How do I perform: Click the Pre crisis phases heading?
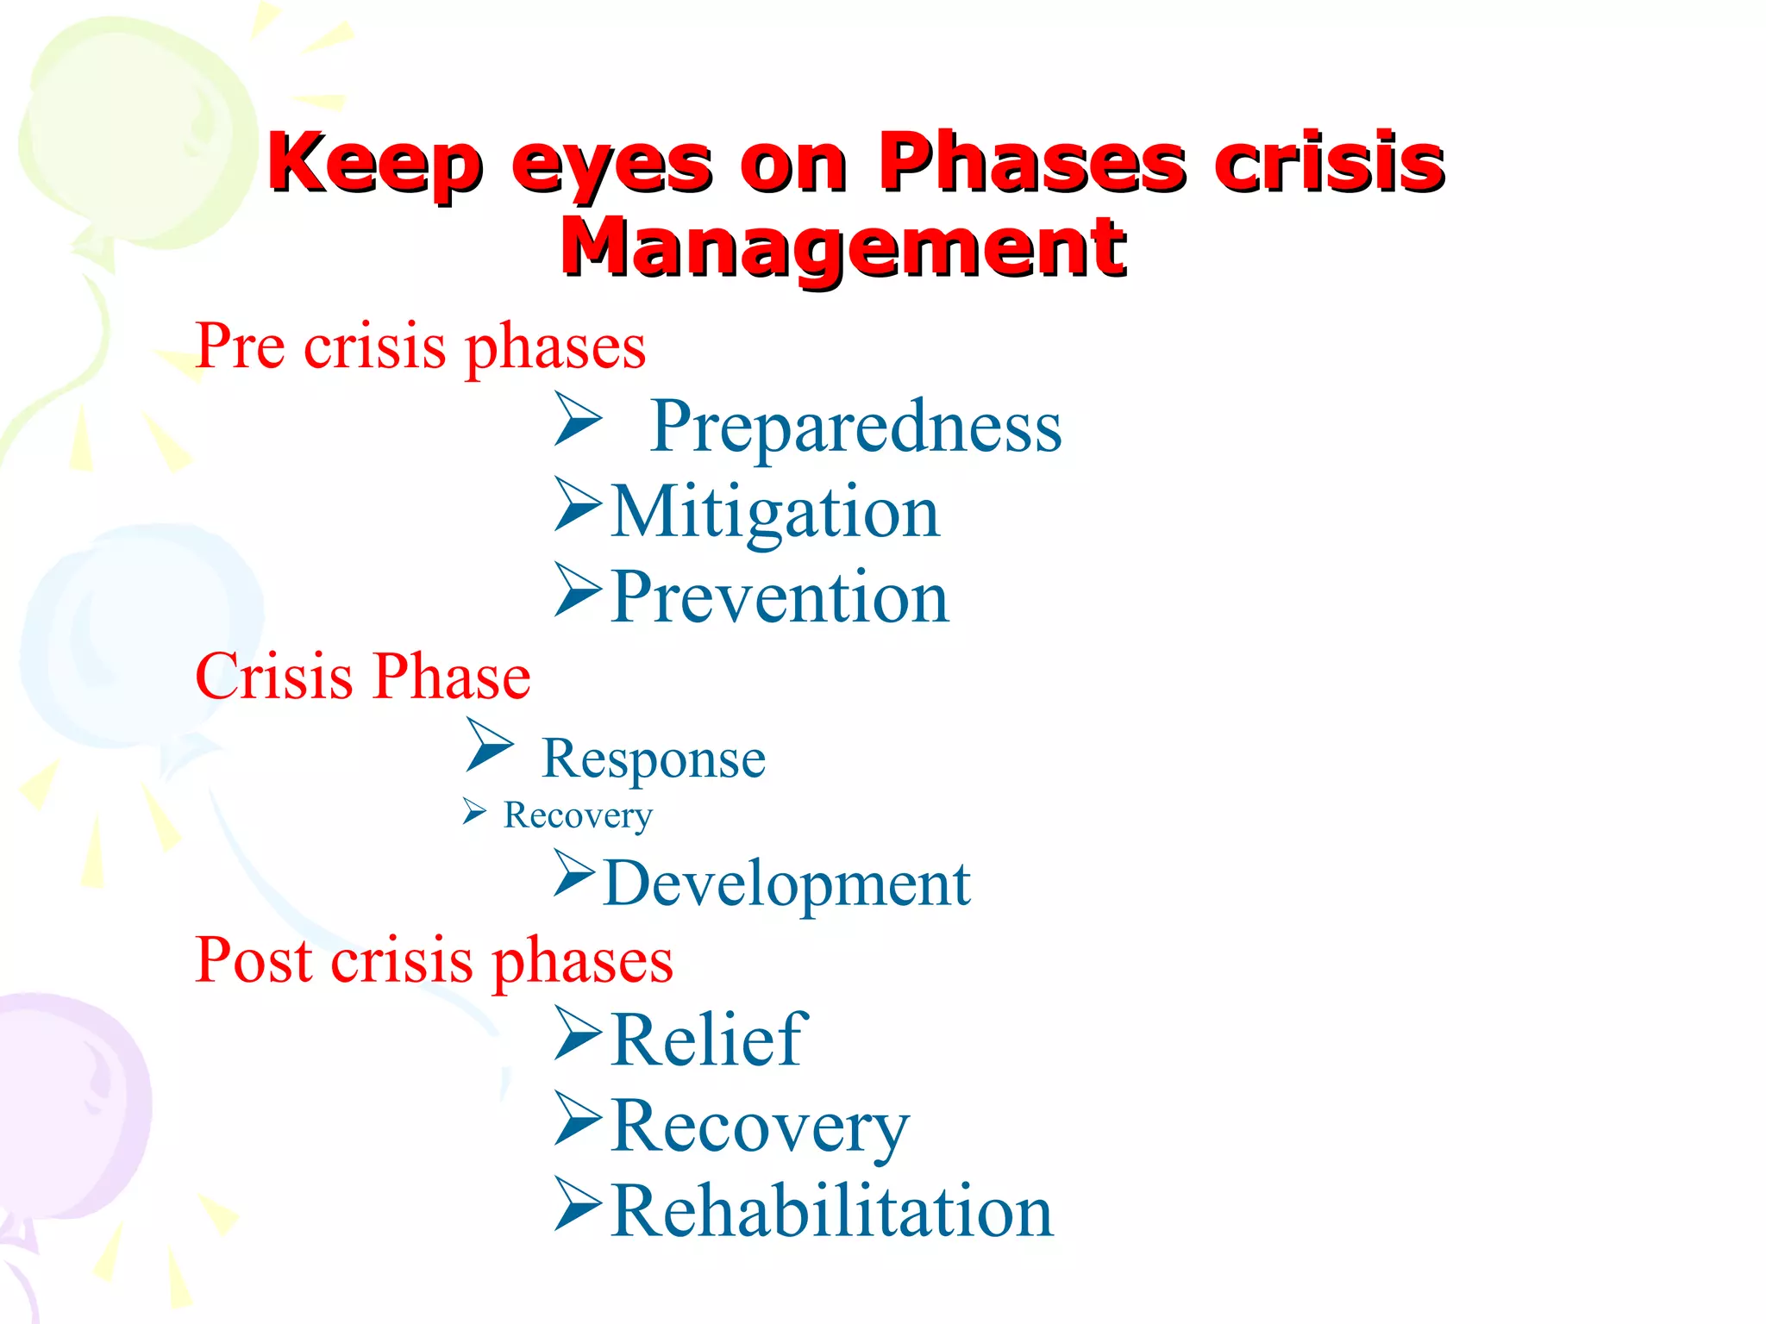[420, 347]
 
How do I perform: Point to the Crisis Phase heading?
[362, 676]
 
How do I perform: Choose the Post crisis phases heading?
[434, 959]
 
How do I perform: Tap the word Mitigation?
[774, 512]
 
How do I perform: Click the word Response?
[654, 759]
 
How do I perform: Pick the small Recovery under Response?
[578, 815]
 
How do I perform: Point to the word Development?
[786, 884]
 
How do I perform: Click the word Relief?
[709, 1040]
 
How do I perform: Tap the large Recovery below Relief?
[759, 1126]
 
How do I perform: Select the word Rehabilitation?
[831, 1211]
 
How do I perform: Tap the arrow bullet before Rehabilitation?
[577, 1203]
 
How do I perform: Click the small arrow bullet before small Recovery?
[473, 811]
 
